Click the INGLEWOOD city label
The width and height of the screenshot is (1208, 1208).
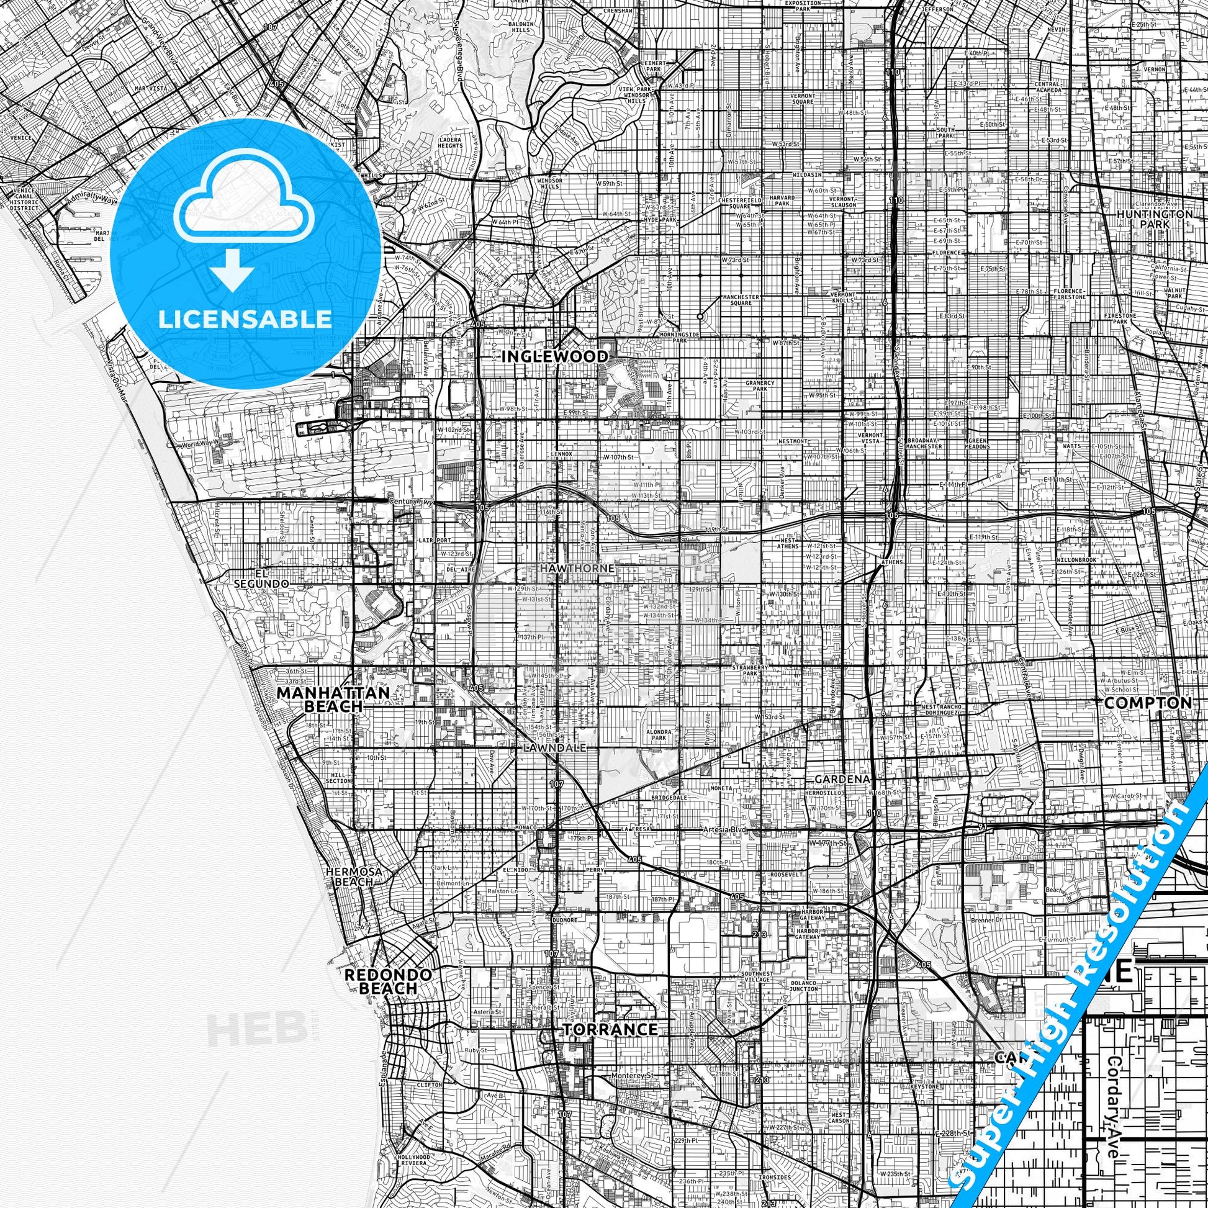click(554, 356)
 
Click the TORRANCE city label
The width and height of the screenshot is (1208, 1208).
click(610, 1029)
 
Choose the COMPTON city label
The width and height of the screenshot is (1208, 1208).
click(1148, 702)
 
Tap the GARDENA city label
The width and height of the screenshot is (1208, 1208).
click(842, 780)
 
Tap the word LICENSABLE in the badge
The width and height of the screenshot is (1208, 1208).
click(245, 319)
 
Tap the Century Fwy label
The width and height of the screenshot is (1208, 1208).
click(407, 502)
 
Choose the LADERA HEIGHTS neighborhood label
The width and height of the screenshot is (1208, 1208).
click(450, 142)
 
